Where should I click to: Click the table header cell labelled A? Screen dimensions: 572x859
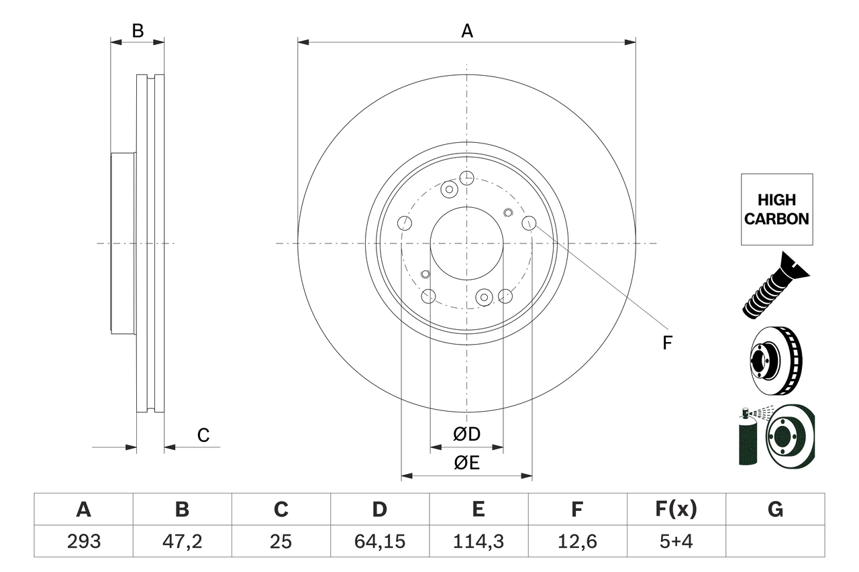pyautogui.click(x=83, y=510)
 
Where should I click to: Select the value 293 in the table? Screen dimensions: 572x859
pyautogui.click(x=83, y=541)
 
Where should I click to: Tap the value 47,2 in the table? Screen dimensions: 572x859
pyautogui.click(x=182, y=541)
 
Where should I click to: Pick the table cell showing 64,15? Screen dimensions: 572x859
pyautogui.click(x=379, y=541)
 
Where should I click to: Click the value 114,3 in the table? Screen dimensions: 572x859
pyautogui.click(x=478, y=541)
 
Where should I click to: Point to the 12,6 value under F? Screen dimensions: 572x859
pyautogui.click(x=576, y=541)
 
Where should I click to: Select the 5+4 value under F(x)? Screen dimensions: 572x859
pyautogui.click(x=676, y=541)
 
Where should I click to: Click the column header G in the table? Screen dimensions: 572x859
pyautogui.click(x=775, y=510)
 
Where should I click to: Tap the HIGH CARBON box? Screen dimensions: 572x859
pyautogui.click(x=776, y=209)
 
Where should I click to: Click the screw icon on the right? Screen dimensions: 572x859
pyautogui.click(x=775, y=285)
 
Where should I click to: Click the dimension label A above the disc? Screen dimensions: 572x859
pyautogui.click(x=466, y=30)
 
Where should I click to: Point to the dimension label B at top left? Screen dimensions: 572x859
pyautogui.click(x=137, y=30)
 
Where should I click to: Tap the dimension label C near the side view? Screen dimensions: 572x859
pyautogui.click(x=203, y=435)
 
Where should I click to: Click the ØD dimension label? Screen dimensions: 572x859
pyautogui.click(x=466, y=435)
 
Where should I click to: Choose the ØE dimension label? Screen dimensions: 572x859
pyautogui.click(x=466, y=463)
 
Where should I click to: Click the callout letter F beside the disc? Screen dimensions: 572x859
pyautogui.click(x=666, y=343)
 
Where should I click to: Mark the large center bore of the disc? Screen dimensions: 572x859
pyautogui.click(x=466, y=243)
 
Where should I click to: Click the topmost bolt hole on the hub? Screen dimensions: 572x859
pyautogui.click(x=466, y=178)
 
